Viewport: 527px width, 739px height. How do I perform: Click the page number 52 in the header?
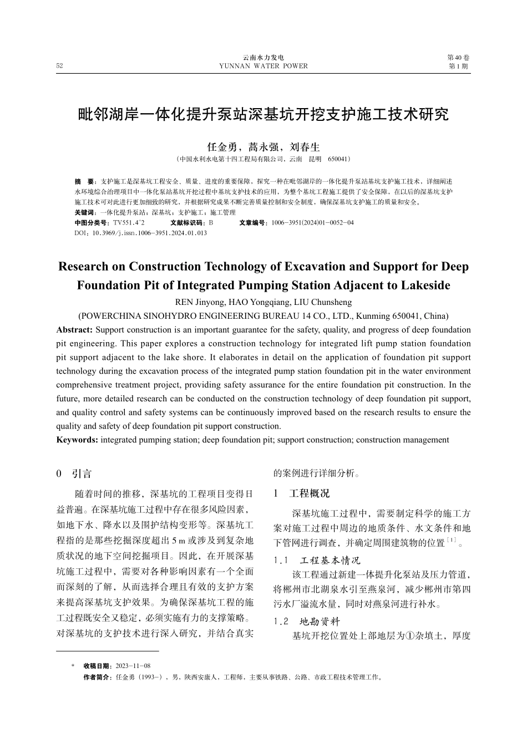[59, 66]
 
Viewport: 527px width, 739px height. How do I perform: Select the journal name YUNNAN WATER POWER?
[263, 66]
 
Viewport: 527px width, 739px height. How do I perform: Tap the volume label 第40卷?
[458, 58]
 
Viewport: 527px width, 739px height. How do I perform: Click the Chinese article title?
[263, 115]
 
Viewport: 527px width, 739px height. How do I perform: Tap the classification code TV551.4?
[128, 223]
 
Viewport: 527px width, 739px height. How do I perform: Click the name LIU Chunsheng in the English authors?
[326, 302]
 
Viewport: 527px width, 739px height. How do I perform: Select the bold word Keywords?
[78, 440]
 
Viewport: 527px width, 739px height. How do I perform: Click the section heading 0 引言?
[74, 474]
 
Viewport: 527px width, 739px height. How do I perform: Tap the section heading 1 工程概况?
[301, 493]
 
